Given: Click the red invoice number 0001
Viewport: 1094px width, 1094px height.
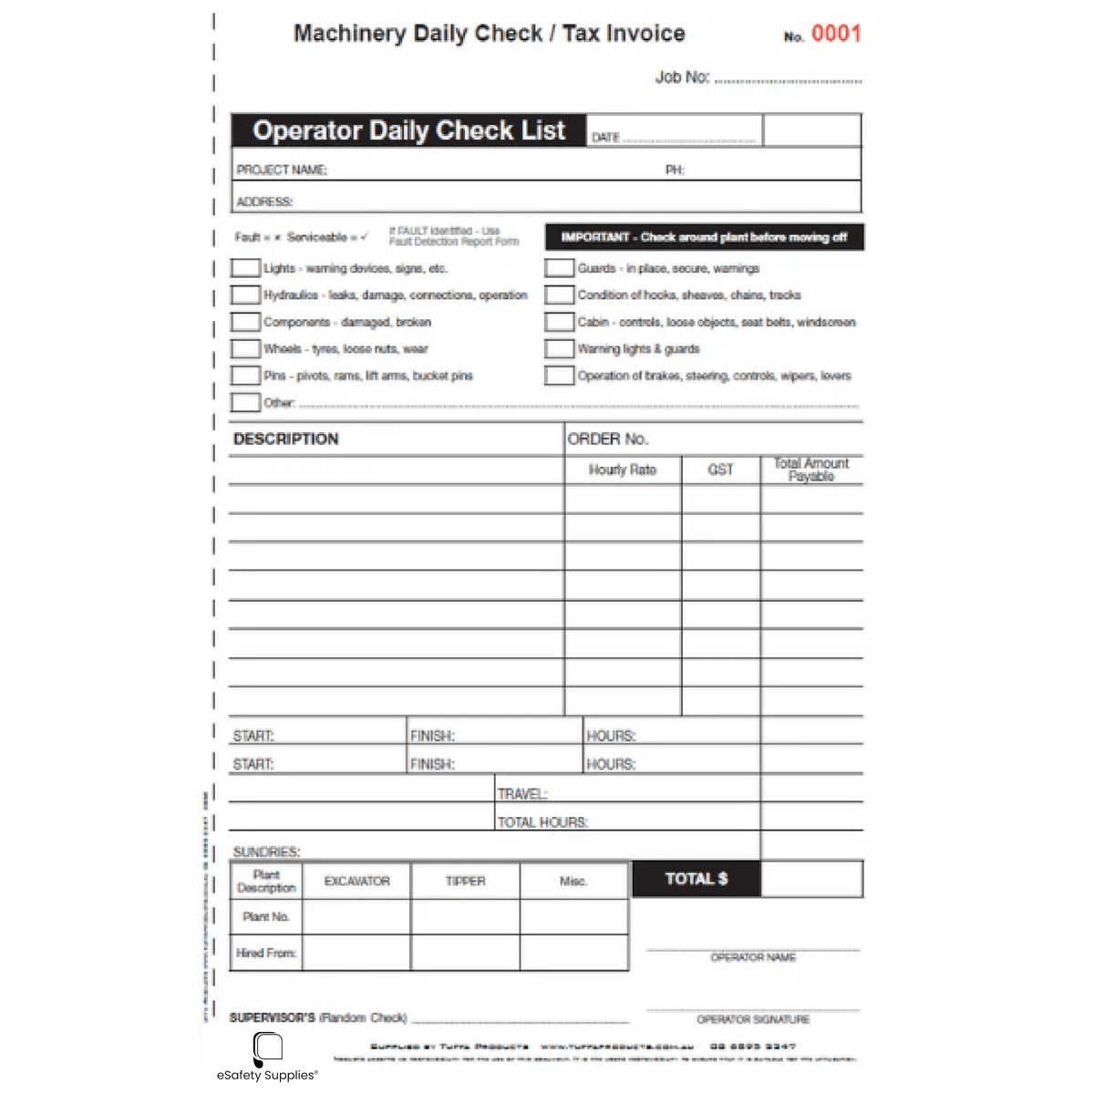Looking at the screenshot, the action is [835, 35].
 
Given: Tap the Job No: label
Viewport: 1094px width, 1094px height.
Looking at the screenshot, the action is [682, 77].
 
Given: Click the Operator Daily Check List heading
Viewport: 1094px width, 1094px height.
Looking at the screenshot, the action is [408, 130].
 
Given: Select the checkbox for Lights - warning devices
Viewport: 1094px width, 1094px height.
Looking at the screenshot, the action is [244, 268].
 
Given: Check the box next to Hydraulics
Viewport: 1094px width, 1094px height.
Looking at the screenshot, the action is [244, 294].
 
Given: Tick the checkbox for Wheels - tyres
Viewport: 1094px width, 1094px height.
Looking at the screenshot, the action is [244, 348].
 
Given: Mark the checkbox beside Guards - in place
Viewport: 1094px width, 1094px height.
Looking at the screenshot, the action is [559, 268].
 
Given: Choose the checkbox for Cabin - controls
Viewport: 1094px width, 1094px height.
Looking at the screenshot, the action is [559, 322].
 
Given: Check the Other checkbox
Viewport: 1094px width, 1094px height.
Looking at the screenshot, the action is [244, 402].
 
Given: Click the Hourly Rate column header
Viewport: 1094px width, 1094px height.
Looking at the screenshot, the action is [623, 470].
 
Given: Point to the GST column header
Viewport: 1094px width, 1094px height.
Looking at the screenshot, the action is [720, 470].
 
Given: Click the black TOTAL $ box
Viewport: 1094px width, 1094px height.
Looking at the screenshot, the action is [696, 879].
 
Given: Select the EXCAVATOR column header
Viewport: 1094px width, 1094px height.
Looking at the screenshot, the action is [356, 882].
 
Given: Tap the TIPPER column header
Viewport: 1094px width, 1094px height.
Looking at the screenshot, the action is [465, 882].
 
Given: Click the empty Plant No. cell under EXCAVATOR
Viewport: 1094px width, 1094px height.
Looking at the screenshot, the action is [356, 916].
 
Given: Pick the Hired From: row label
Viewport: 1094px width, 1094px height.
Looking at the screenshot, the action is [266, 953].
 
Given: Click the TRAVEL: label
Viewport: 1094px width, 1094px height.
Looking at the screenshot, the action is [522, 794].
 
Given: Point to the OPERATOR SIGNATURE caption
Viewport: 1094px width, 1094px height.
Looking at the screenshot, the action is [753, 1019].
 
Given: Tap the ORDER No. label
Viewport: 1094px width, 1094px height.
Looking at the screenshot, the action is [608, 439].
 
